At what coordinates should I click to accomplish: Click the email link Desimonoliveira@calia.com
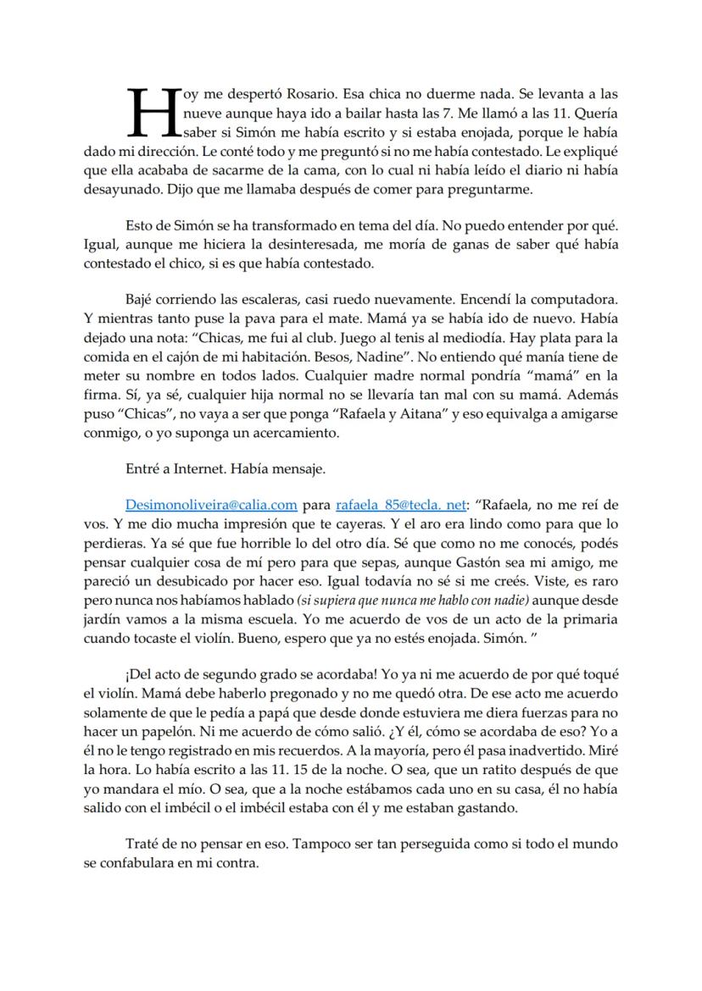click(x=210, y=505)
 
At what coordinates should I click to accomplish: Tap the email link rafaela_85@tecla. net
click(x=401, y=505)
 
